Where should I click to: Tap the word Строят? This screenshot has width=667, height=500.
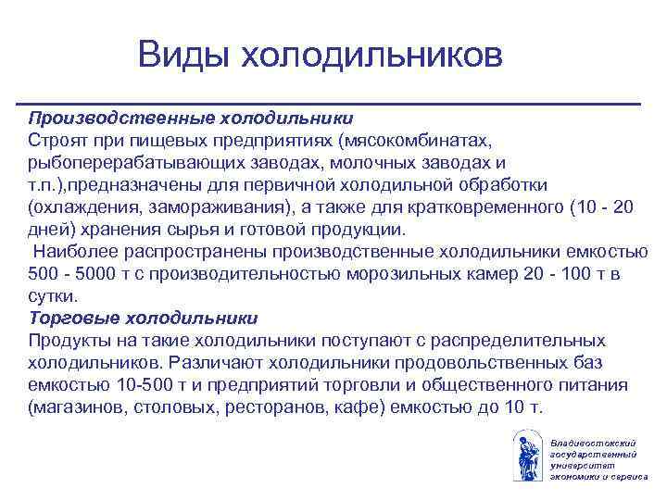tap(58, 140)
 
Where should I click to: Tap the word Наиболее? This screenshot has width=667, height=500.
tap(69, 250)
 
